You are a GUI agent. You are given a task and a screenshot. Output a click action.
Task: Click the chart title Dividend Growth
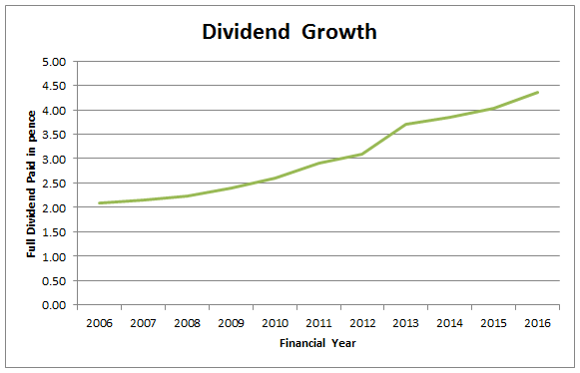coord(290,31)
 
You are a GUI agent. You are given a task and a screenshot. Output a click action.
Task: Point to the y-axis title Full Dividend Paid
coord(32,184)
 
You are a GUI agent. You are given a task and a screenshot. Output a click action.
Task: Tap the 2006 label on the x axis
coord(98,323)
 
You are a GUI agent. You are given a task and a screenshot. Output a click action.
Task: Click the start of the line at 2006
coord(98,203)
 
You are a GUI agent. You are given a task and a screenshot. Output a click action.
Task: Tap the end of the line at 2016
coord(539,93)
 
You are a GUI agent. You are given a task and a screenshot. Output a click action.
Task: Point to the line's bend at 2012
coord(361,154)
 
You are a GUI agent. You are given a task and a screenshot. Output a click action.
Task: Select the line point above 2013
coord(404,125)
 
